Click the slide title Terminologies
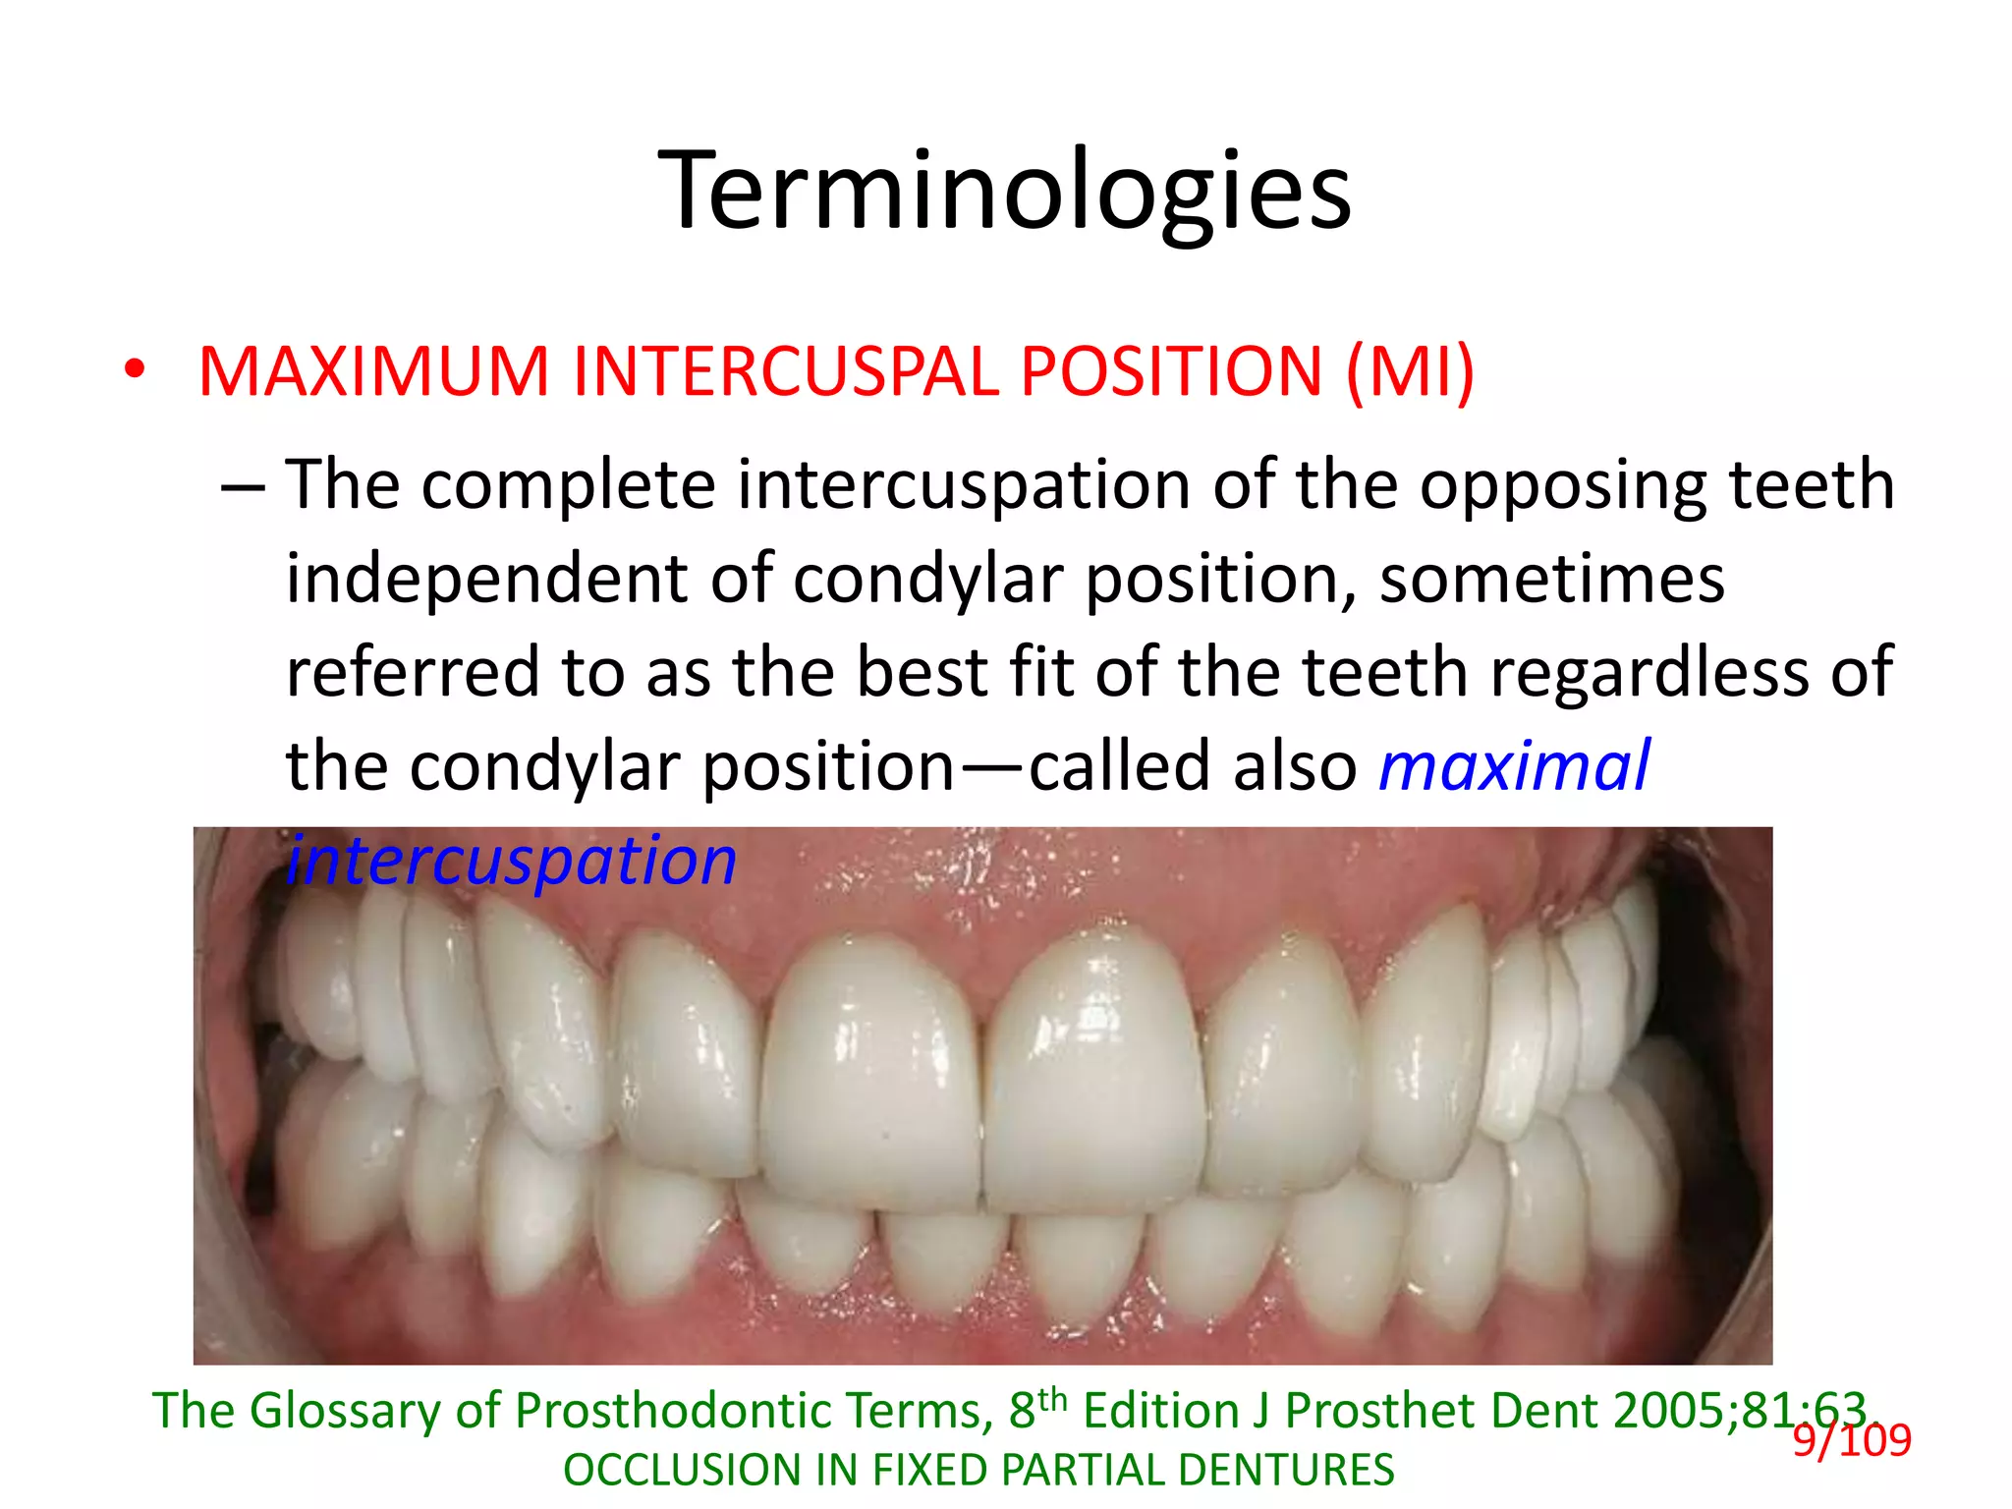tap(1005, 191)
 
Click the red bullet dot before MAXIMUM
tap(135, 370)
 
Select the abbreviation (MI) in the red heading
tap(1410, 372)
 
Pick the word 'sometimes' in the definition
tap(1552, 580)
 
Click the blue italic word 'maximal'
tap(1514, 766)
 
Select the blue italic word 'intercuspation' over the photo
tap(511, 861)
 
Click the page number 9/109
tap(1852, 1441)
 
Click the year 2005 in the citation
tap(1669, 1412)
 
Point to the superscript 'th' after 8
tap(1052, 1398)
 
